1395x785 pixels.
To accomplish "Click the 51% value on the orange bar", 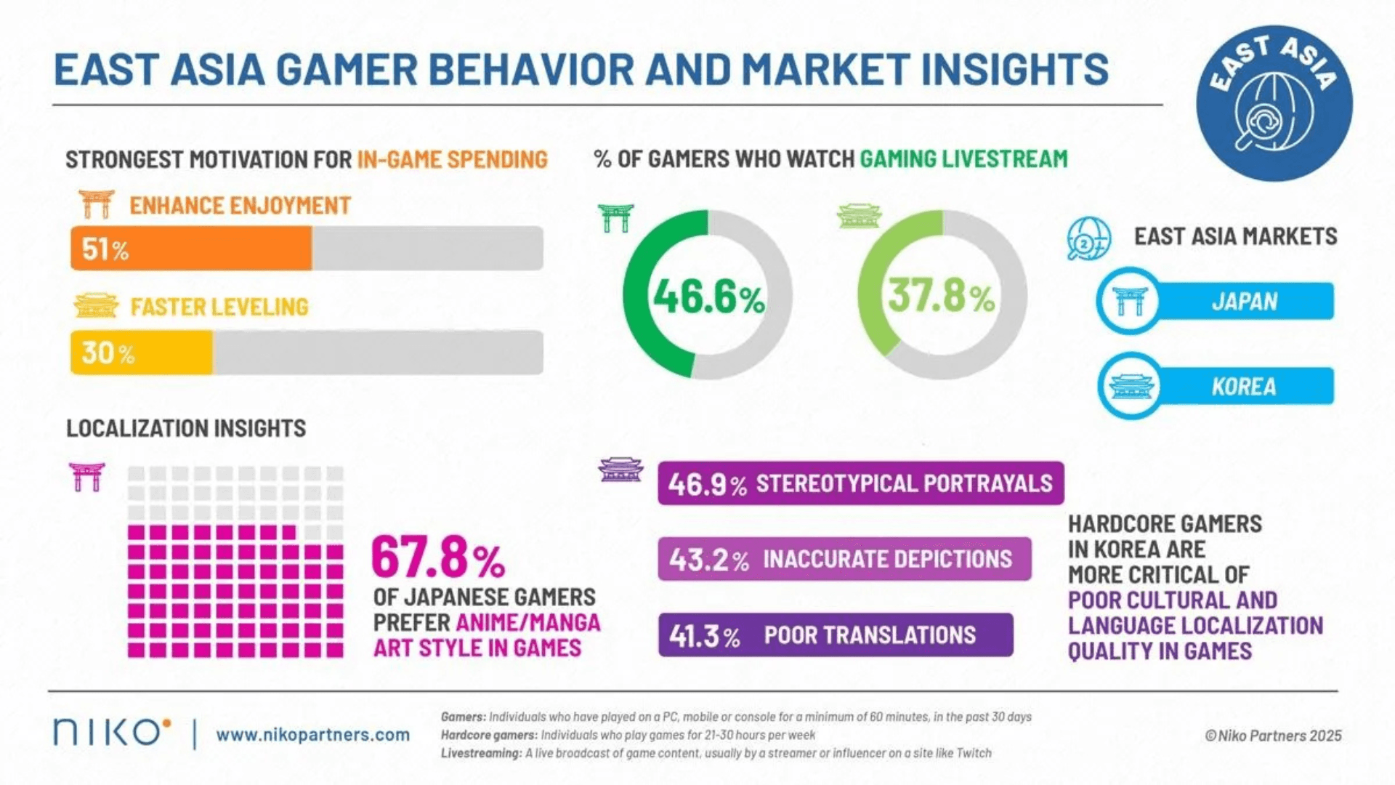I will pyautogui.click(x=105, y=249).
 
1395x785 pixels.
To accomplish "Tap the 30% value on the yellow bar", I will pyautogui.click(x=108, y=353).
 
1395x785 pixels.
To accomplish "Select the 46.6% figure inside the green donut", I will pyautogui.click(x=708, y=297).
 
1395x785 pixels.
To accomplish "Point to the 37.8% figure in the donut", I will pyautogui.click(x=941, y=296).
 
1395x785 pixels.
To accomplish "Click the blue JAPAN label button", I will pyautogui.click(x=1244, y=301).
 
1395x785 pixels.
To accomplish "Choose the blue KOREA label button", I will pyautogui.click(x=1244, y=386).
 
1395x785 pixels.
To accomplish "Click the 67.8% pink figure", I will pyautogui.click(x=438, y=557).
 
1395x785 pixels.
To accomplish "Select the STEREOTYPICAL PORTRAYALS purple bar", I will pyautogui.click(x=860, y=483).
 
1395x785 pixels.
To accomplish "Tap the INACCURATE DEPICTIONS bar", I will pyautogui.click(x=844, y=559).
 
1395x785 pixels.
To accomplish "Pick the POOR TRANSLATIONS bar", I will pyautogui.click(x=836, y=635).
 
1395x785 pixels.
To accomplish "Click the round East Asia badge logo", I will pyautogui.click(x=1274, y=103).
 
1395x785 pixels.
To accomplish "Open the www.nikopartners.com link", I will pyautogui.click(x=312, y=735).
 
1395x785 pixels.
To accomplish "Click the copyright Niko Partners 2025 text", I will pyautogui.click(x=1273, y=736).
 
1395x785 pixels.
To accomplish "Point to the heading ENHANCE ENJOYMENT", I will pyautogui.click(x=240, y=206).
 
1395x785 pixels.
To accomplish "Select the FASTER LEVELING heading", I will pyautogui.click(x=219, y=307).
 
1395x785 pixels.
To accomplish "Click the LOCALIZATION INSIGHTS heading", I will pyautogui.click(x=186, y=428).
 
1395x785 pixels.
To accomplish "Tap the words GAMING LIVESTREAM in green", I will pyautogui.click(x=963, y=158).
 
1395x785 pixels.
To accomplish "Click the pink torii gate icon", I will pyautogui.click(x=86, y=477).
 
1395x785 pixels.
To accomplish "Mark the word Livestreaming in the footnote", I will pyautogui.click(x=481, y=753).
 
